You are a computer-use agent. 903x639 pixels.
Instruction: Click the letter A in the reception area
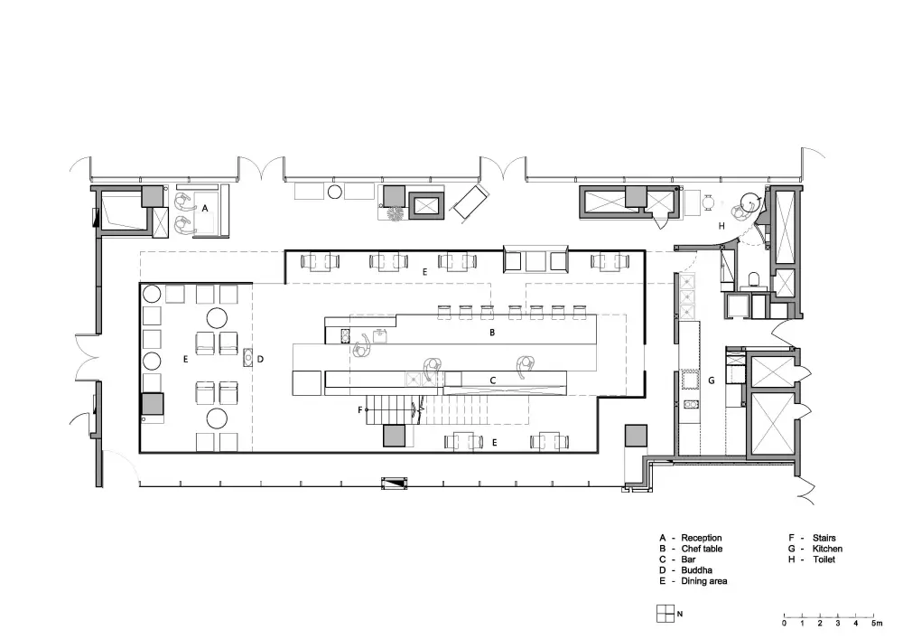pyautogui.click(x=204, y=209)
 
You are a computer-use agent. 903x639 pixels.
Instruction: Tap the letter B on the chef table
pyautogui.click(x=492, y=333)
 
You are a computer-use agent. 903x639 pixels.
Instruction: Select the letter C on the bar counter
pyautogui.click(x=493, y=381)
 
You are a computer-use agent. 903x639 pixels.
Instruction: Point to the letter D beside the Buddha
pyautogui.click(x=260, y=360)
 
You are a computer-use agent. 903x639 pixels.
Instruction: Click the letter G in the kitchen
pyautogui.click(x=712, y=381)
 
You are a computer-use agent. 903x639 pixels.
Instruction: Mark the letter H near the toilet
pyautogui.click(x=721, y=227)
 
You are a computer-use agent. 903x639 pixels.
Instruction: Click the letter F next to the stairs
pyautogui.click(x=360, y=409)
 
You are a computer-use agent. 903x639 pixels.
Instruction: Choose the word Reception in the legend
pyautogui.click(x=701, y=538)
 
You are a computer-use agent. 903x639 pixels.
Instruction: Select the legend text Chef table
pyautogui.click(x=702, y=549)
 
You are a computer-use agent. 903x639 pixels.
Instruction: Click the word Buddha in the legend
pyautogui.click(x=696, y=569)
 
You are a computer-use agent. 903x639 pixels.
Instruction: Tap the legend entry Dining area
pyautogui.click(x=703, y=581)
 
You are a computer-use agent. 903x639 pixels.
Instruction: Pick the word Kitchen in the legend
pyautogui.click(x=827, y=549)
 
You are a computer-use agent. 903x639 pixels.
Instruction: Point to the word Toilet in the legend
pyautogui.click(x=824, y=559)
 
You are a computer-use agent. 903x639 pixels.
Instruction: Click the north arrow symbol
pyautogui.click(x=666, y=614)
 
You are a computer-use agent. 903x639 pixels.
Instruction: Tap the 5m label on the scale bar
pyautogui.click(x=877, y=623)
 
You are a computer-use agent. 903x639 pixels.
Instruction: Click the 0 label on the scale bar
pyautogui.click(x=784, y=623)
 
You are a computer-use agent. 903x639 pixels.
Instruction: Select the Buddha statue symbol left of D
pyautogui.click(x=248, y=358)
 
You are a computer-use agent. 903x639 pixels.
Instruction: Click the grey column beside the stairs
pyautogui.click(x=396, y=436)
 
